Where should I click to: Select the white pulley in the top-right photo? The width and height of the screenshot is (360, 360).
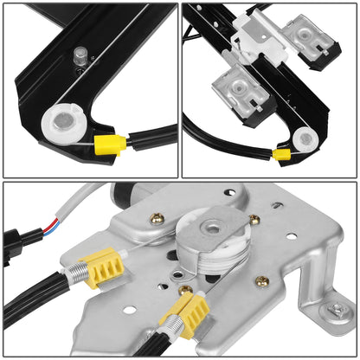(304, 138)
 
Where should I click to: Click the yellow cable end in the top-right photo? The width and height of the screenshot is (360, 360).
(281, 155)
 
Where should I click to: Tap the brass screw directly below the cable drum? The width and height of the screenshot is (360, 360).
(185, 289)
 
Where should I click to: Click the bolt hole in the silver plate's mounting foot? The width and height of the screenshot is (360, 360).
(333, 310)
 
